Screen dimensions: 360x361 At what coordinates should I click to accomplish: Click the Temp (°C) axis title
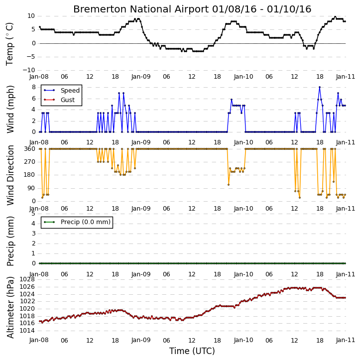point(9,44)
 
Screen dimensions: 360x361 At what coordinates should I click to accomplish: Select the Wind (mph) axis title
point(10,109)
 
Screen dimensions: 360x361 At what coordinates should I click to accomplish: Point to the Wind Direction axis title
point(10,175)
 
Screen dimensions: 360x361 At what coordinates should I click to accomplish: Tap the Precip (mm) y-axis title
point(10,241)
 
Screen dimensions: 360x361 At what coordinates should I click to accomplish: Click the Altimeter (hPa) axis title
point(10,307)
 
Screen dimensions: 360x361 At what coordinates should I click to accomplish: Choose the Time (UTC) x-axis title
point(192,351)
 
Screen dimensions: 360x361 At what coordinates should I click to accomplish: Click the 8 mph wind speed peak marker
point(320,87)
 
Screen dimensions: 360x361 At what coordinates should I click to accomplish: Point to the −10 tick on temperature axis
point(28,70)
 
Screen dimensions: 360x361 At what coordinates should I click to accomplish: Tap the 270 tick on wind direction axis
point(30,162)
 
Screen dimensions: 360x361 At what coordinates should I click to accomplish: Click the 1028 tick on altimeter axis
point(27,279)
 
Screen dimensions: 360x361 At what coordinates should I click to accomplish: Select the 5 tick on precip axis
point(33,214)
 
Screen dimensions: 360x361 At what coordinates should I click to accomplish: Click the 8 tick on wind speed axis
point(33,87)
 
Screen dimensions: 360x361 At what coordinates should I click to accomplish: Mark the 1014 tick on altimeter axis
point(27,331)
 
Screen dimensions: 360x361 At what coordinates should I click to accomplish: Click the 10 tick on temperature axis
point(31,16)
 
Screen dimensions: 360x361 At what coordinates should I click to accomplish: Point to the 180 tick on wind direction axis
point(30,175)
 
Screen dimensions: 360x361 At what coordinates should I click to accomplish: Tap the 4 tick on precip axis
point(33,224)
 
